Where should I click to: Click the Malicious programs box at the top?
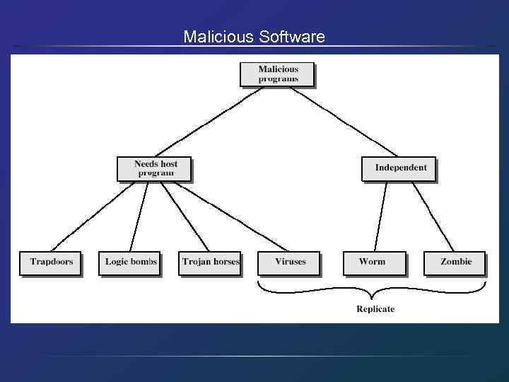point(278,74)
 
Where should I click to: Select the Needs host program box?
point(154,168)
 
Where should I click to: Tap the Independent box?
point(399,168)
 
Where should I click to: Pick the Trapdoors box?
point(51,262)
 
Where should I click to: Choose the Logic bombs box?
point(131,262)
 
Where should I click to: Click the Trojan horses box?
point(210,262)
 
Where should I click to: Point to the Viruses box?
point(290,262)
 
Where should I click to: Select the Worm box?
point(374,262)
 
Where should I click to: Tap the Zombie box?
point(455,262)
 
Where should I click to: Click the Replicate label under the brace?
point(375,309)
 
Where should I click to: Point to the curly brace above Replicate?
point(372,290)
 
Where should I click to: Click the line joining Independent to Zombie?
point(433,216)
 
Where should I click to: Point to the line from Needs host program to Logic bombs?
point(139,216)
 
